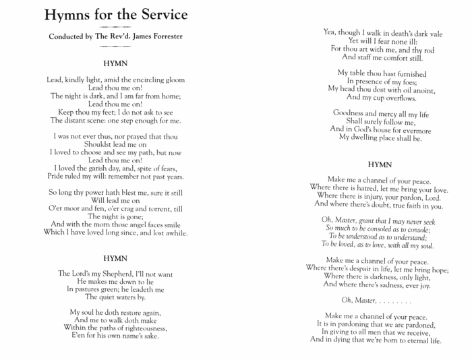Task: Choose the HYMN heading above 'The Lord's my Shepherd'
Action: pyautogui.click(x=116, y=258)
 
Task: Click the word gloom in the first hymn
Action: pyautogui.click(x=172, y=80)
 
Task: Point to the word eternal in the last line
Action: pyautogui.click(x=407, y=340)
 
